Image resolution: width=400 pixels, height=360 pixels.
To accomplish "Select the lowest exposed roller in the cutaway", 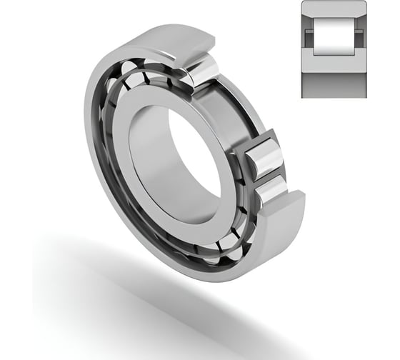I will (270, 189).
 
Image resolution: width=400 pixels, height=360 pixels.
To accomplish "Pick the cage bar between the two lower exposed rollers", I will (267, 174).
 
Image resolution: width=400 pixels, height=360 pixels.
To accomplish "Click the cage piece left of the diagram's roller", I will (309, 38).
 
